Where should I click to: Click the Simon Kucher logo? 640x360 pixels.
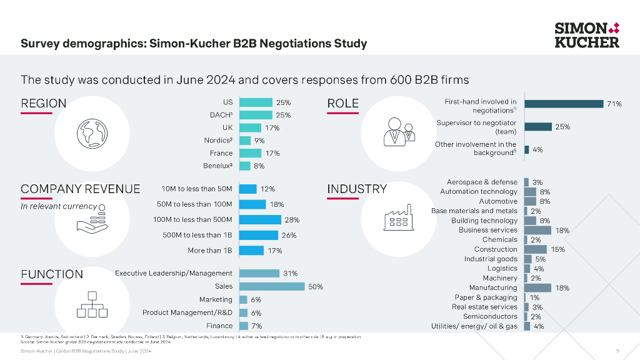click(x=587, y=35)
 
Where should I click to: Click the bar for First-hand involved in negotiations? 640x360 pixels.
click(x=564, y=104)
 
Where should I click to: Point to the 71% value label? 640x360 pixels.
click(x=614, y=104)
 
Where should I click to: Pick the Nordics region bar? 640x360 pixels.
click(x=245, y=141)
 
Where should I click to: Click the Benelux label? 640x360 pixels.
click(x=218, y=166)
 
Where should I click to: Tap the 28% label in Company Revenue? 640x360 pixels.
click(x=292, y=220)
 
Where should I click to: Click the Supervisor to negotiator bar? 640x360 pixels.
click(x=538, y=127)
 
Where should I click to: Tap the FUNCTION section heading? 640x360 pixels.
click(x=52, y=274)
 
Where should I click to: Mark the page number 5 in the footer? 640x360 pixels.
click(x=617, y=352)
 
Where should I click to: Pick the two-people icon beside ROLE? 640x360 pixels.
click(x=401, y=131)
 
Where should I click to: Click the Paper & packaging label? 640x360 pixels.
click(x=486, y=297)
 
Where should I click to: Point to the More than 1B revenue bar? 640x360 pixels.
click(x=251, y=251)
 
